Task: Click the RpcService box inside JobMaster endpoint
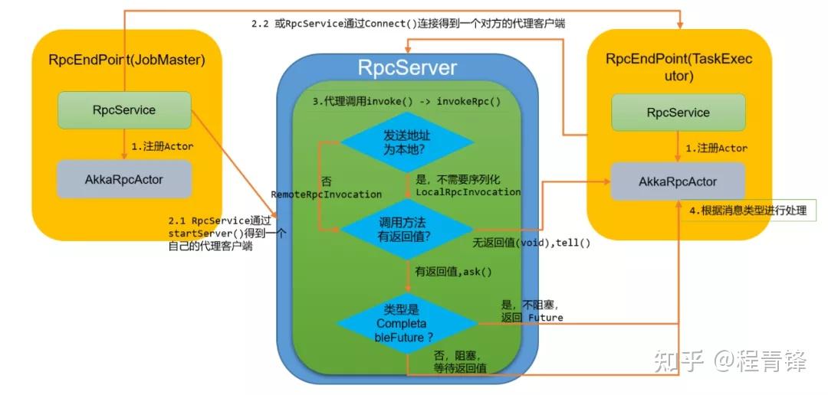click(124, 110)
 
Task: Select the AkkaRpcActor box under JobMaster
click(124, 179)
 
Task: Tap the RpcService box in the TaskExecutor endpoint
click(678, 113)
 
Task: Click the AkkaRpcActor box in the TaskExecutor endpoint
click(678, 181)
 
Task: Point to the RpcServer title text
click(407, 68)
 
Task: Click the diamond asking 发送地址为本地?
click(407, 142)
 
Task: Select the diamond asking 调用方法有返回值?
click(407, 229)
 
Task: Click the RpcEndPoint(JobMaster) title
click(127, 60)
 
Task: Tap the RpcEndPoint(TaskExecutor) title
click(678, 67)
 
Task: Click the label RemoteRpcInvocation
click(327, 194)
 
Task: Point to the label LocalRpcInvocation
click(468, 192)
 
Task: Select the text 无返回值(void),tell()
click(532, 243)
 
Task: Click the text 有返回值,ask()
click(454, 272)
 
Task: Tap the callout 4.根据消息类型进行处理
click(748, 210)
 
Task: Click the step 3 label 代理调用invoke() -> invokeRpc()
click(401, 100)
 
